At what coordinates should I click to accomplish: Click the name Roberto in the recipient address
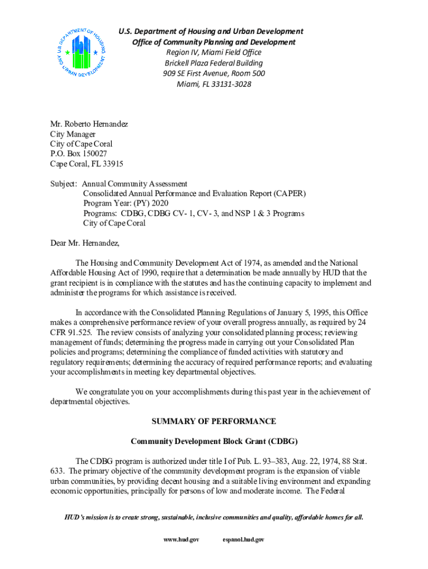point(87,124)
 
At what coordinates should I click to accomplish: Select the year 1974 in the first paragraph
point(242,263)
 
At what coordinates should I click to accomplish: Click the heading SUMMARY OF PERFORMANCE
point(214,421)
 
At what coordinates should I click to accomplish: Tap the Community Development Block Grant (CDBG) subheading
point(214,441)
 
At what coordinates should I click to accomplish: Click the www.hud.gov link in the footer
point(180,540)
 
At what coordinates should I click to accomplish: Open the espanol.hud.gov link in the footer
point(243,540)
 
